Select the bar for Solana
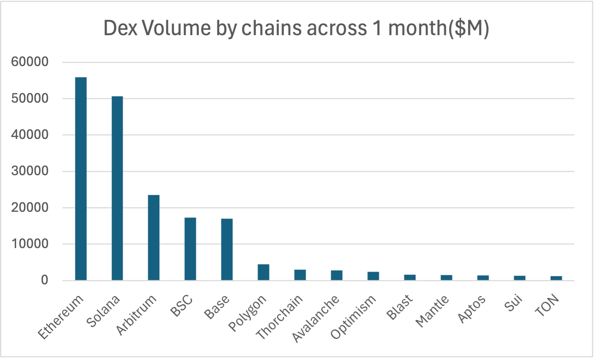(x=117, y=188)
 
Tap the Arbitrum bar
(x=154, y=237)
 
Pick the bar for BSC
(x=190, y=249)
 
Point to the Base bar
(x=227, y=249)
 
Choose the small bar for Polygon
(x=264, y=272)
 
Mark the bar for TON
(x=556, y=278)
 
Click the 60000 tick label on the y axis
(x=30, y=62)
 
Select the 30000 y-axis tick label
(x=30, y=171)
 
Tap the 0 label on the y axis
(x=44, y=280)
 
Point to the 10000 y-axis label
(x=30, y=244)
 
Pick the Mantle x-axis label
(x=432, y=311)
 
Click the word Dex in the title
(x=120, y=28)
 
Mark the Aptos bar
(x=483, y=277)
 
